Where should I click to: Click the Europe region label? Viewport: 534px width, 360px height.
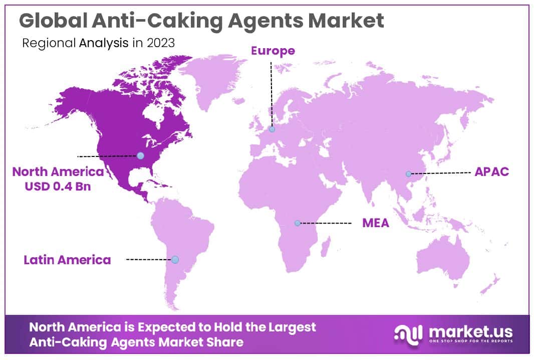point(273,51)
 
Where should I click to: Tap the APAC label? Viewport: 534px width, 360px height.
point(491,171)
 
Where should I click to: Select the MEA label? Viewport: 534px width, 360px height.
point(376,223)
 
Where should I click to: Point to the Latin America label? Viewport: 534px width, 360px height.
point(67,260)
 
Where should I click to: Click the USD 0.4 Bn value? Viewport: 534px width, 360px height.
point(58,185)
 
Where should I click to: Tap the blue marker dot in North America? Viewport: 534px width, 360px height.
point(140,156)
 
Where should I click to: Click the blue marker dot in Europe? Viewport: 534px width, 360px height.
point(272,129)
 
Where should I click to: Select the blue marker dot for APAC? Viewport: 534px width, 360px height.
point(408,174)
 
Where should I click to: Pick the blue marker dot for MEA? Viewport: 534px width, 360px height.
point(297,223)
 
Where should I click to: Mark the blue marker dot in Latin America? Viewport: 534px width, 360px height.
point(175,259)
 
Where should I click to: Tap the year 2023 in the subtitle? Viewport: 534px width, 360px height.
point(161,43)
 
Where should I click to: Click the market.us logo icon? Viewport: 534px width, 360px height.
point(409,334)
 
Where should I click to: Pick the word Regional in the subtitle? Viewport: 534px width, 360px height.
point(49,43)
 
